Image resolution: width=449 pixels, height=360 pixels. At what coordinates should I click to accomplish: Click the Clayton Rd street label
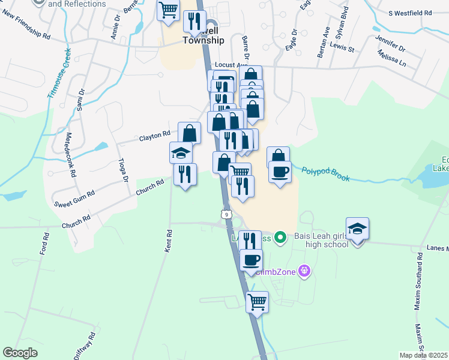[155, 136]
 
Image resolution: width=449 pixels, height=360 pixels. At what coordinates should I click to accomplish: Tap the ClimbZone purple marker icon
[305, 271]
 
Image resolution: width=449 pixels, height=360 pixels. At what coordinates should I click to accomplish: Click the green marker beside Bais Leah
[278, 238]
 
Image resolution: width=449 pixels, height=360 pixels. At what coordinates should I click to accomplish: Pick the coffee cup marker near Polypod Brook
[280, 173]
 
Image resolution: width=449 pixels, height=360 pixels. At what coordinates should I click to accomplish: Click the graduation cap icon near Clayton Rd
[181, 153]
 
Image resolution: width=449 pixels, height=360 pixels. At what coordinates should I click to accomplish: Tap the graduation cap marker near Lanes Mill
[357, 229]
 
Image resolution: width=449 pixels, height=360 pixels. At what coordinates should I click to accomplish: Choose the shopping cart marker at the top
[169, 10]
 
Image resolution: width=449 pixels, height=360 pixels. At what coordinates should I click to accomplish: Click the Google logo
[20, 353]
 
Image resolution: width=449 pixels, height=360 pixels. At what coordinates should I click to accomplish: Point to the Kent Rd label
[169, 241]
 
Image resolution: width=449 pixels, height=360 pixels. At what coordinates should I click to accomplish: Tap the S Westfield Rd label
[410, 13]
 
